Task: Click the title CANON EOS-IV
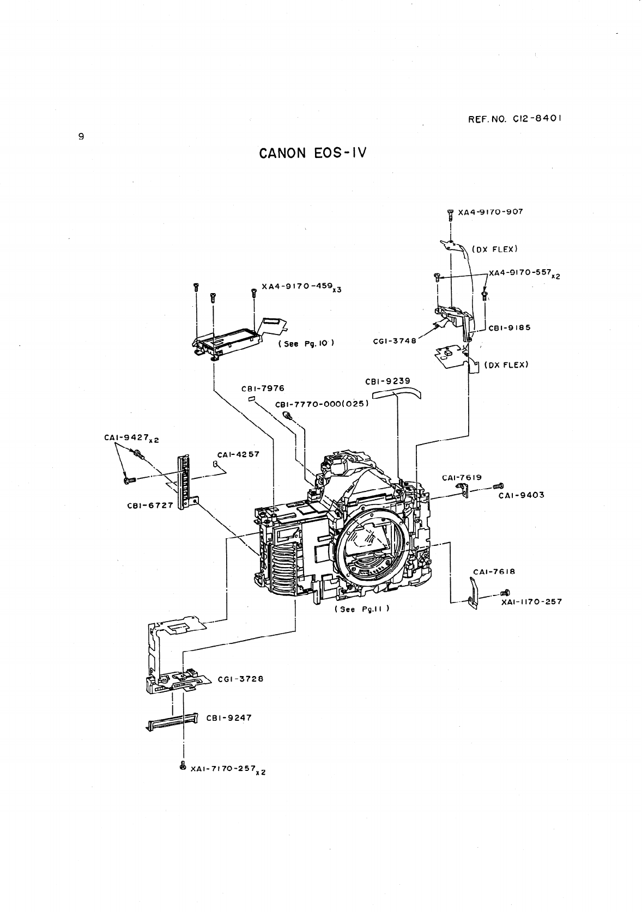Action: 313,153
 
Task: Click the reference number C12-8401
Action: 514,118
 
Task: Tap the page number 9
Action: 81,137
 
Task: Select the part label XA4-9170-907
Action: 490,211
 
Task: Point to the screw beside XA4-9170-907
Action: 450,214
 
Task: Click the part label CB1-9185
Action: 510,328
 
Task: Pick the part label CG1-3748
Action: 394,341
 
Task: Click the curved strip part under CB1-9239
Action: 397,392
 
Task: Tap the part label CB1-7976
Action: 263,388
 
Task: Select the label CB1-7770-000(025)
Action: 322,404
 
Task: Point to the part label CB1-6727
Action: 149,505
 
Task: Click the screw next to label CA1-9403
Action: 498,485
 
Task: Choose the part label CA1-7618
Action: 494,571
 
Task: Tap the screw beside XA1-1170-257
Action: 505,592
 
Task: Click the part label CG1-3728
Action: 240,679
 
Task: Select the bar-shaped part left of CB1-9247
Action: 172,723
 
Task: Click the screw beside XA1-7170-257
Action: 183,765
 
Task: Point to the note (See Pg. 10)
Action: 306,344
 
